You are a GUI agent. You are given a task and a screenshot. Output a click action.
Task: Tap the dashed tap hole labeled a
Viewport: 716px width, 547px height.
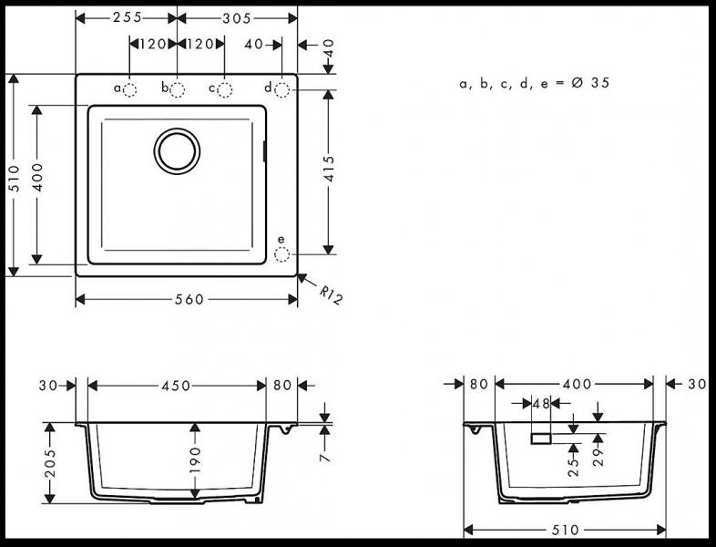coord(130,89)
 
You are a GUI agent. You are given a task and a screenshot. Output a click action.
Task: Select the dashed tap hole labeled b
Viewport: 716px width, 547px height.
coord(178,89)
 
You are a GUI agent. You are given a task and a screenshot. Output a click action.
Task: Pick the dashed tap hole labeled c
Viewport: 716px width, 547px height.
coord(225,89)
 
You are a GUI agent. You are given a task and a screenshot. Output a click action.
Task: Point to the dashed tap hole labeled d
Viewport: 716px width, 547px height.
coord(281,89)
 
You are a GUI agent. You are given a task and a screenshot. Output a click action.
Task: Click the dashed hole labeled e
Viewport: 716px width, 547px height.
coord(281,253)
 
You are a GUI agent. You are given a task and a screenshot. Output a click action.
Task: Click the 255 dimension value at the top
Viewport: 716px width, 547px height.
coord(126,18)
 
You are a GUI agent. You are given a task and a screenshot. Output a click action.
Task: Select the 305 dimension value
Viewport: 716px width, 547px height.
coord(237,18)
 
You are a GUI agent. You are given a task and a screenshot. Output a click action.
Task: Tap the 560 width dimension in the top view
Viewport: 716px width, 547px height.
coord(187,300)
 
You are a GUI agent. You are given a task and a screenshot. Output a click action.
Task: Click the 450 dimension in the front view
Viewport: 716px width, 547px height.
coord(176,386)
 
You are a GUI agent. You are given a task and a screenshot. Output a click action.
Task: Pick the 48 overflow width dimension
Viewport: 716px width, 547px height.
coord(540,403)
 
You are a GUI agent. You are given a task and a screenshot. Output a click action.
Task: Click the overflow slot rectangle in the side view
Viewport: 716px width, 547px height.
coord(541,439)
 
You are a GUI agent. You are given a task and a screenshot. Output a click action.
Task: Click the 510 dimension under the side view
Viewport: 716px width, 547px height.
coord(565,531)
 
